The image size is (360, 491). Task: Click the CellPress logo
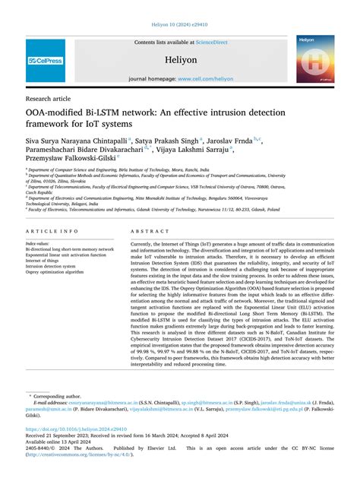click(x=46, y=60)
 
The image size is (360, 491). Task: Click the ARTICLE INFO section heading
click(x=52, y=230)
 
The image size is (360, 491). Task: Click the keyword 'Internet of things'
click(x=48, y=260)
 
